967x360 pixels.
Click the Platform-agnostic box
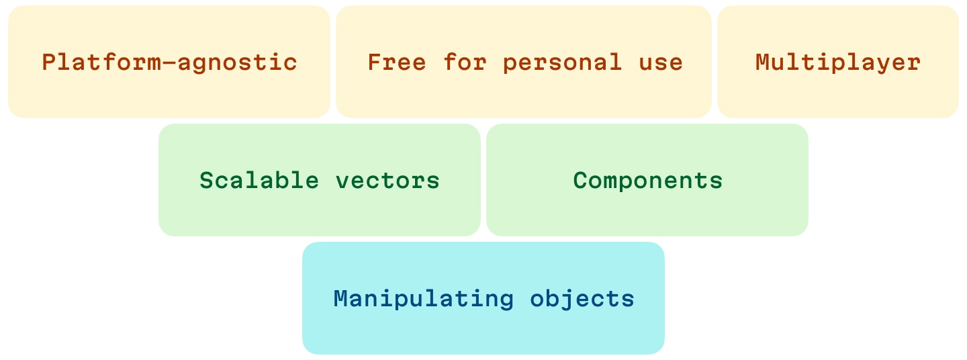(x=169, y=62)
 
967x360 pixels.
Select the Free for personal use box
(x=524, y=62)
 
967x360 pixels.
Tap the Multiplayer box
(x=838, y=62)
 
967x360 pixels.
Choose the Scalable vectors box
(x=320, y=180)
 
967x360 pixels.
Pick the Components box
(x=647, y=180)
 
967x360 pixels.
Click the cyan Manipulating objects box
(x=483, y=298)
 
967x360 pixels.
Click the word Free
(x=397, y=62)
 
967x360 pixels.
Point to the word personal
(x=563, y=63)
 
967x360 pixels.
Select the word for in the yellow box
(x=465, y=62)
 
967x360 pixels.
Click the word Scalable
(x=259, y=180)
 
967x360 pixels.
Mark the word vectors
(x=387, y=181)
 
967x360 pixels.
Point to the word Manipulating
(x=424, y=300)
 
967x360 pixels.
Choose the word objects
(x=582, y=300)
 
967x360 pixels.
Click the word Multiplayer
(x=838, y=63)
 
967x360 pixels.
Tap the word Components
(x=647, y=181)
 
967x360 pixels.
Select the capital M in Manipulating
(x=341, y=299)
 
